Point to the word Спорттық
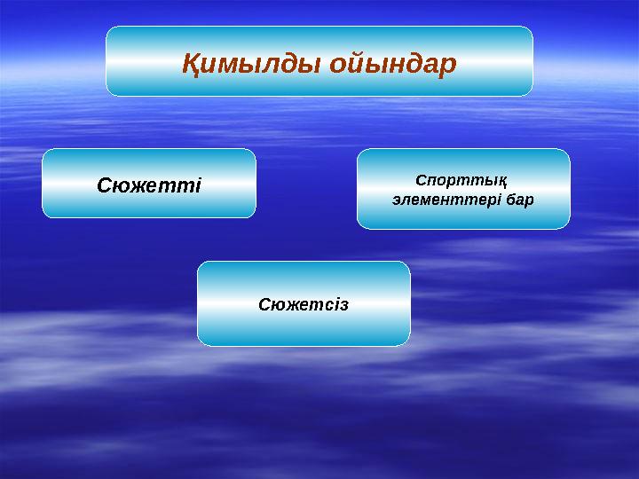[461, 181]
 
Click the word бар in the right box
[519, 200]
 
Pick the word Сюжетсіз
[304, 304]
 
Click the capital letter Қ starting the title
[193, 64]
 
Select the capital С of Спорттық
[421, 181]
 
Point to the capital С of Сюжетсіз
[264, 304]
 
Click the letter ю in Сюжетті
[118, 186]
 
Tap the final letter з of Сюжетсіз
[345, 305]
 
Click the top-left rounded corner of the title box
[110, 30]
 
